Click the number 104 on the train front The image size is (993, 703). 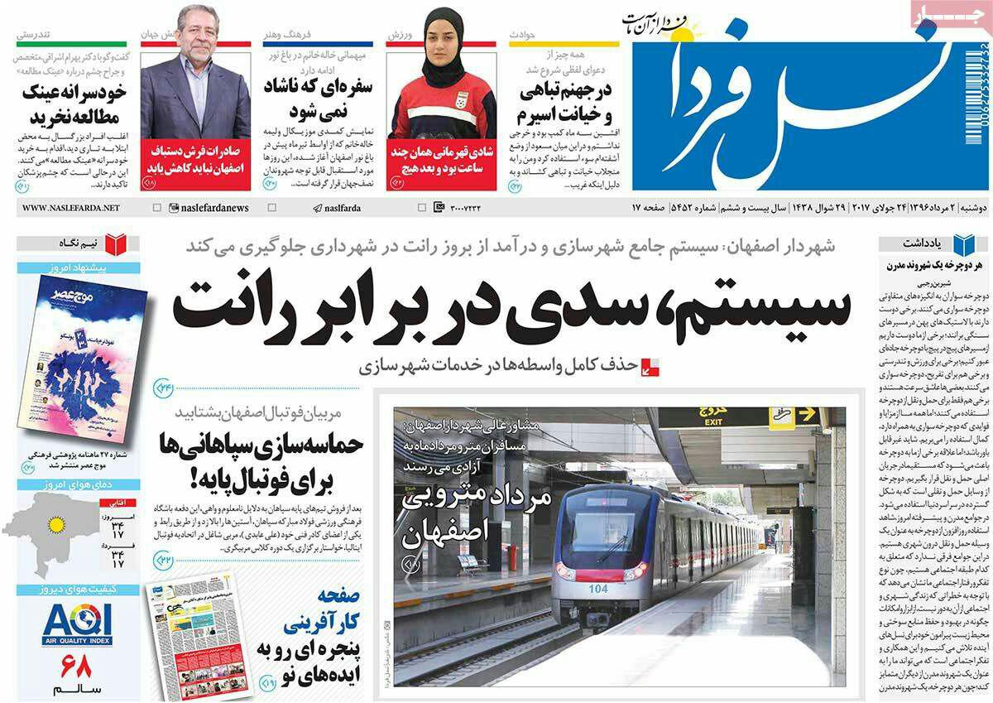click(x=598, y=589)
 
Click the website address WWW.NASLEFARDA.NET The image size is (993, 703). click(x=67, y=207)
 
